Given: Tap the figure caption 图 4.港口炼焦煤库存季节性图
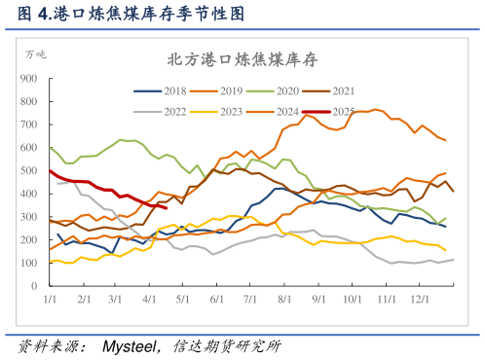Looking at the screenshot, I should click(x=124, y=14).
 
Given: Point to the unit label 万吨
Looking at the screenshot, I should click(x=34, y=53).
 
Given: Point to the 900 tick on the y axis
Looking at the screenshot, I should click(x=29, y=77).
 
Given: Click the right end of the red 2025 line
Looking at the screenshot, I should click(x=168, y=207).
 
